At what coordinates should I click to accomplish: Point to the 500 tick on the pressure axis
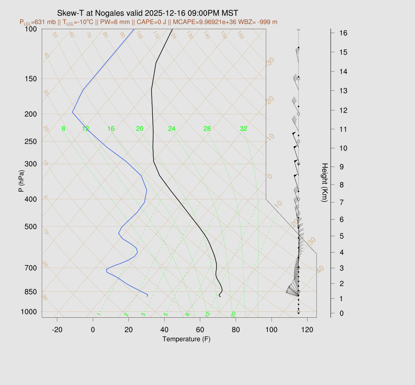click(31, 227)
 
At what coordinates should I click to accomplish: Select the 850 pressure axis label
click(31, 292)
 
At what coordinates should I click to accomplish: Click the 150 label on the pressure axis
click(31, 79)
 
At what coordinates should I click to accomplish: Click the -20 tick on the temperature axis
click(57, 329)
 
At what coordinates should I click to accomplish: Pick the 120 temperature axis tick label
click(307, 329)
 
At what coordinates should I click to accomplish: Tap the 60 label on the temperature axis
click(200, 329)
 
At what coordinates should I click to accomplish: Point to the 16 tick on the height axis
click(342, 32)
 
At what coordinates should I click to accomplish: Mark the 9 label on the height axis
click(342, 166)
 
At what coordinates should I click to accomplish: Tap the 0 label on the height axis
click(342, 313)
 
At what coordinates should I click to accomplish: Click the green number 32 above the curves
click(244, 129)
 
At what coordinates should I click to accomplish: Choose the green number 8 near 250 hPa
click(63, 129)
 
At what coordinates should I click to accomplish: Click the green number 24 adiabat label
click(172, 129)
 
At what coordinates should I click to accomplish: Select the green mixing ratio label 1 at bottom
click(98, 314)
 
